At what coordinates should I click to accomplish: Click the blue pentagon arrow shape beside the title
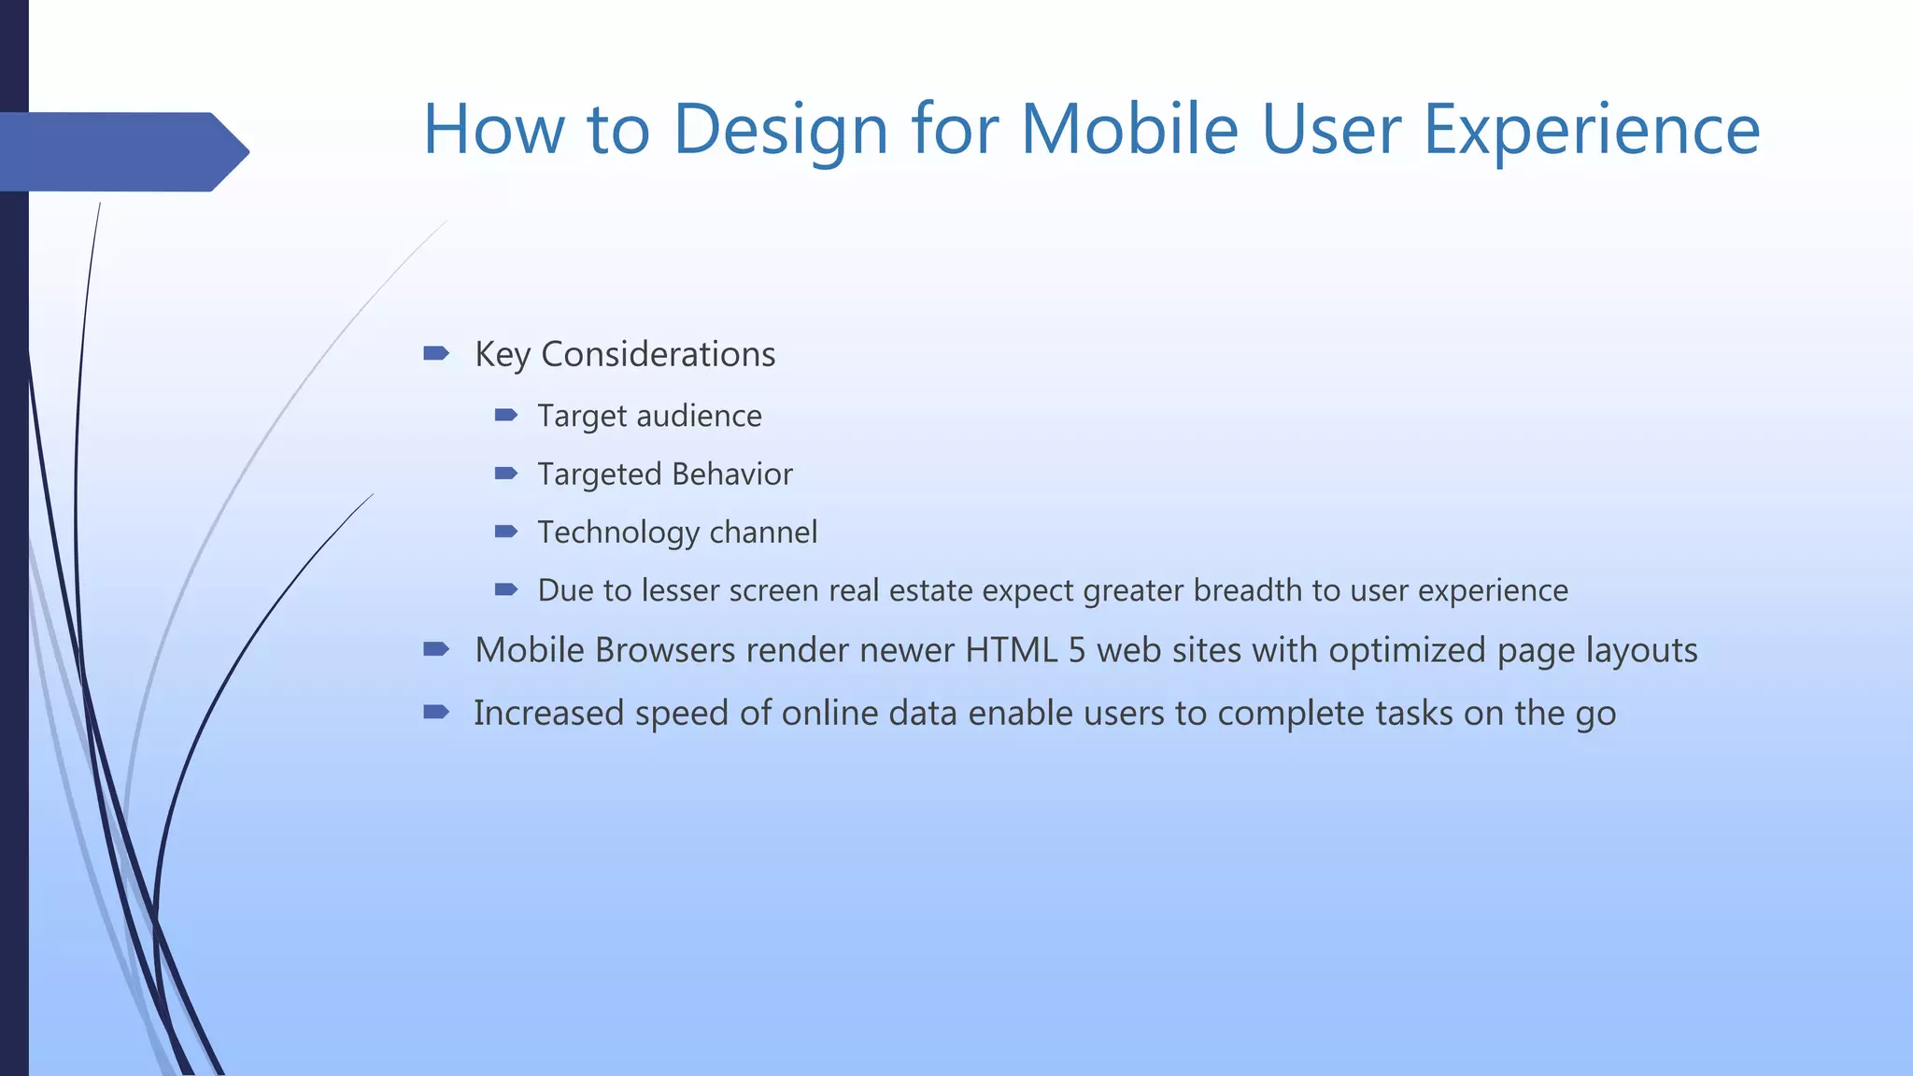(121, 151)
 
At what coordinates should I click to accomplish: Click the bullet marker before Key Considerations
(435, 353)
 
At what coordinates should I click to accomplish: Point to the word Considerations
(658, 355)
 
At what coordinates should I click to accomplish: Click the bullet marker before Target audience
(505, 415)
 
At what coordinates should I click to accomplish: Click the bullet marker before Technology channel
(505, 531)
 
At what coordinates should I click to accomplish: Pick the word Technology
(618, 533)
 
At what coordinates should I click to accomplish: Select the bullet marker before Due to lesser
(505, 589)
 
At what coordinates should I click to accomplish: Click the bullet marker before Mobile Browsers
(435, 649)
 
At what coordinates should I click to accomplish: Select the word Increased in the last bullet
(548, 714)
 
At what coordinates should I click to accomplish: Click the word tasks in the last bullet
(1413, 714)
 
